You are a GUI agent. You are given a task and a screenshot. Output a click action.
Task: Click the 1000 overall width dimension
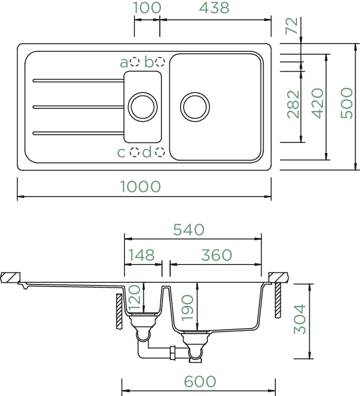(140, 186)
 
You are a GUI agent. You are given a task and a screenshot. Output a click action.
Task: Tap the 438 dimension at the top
(215, 8)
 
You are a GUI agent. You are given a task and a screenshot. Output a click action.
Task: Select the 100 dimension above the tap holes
(147, 8)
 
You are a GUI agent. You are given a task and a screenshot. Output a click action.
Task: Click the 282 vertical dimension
(293, 104)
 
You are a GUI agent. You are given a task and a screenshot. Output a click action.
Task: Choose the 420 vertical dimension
(317, 103)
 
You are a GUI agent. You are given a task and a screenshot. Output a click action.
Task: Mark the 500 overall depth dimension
(346, 103)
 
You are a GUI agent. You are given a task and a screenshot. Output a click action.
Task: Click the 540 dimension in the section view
(189, 230)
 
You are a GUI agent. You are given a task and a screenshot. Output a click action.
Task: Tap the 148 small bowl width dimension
(142, 255)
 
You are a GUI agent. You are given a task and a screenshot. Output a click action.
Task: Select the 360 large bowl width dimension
(217, 255)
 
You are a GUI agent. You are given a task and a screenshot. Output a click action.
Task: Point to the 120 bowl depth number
(134, 297)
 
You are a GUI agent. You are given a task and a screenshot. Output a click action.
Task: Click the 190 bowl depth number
(187, 308)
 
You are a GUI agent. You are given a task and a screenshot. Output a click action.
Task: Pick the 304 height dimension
(300, 319)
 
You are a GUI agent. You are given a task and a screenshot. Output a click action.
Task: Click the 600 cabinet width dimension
(200, 381)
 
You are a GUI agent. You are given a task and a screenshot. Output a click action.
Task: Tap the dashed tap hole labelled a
(134, 62)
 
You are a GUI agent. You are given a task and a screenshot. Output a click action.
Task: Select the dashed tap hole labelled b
(160, 62)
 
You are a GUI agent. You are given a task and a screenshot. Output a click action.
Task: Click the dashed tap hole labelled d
(160, 152)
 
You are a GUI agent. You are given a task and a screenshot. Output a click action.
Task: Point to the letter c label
(121, 153)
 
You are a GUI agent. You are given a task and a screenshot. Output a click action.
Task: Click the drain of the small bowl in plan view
(143, 107)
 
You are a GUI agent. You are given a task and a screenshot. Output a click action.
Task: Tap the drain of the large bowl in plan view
(195, 107)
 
